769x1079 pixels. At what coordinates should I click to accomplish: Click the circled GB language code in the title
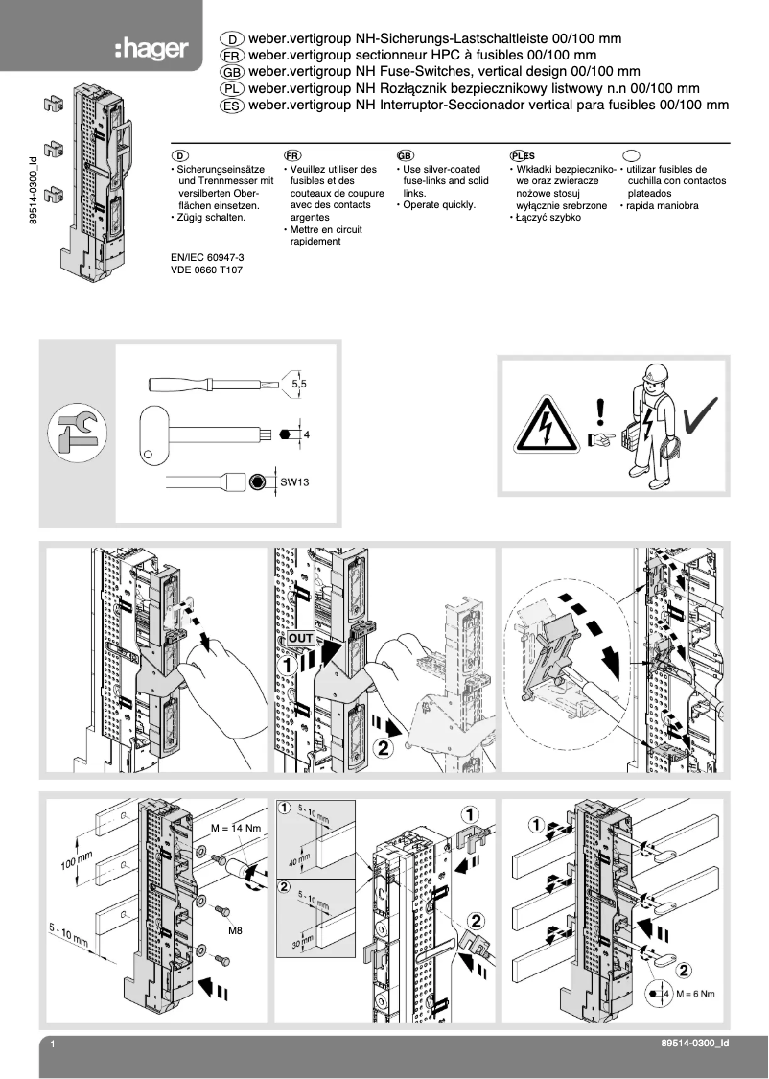(x=232, y=72)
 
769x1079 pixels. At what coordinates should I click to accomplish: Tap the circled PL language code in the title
(x=232, y=88)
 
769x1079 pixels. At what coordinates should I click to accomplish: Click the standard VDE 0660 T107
(x=206, y=271)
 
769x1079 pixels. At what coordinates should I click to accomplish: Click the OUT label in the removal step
(x=297, y=639)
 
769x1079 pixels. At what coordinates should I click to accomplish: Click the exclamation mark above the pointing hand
(x=600, y=411)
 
